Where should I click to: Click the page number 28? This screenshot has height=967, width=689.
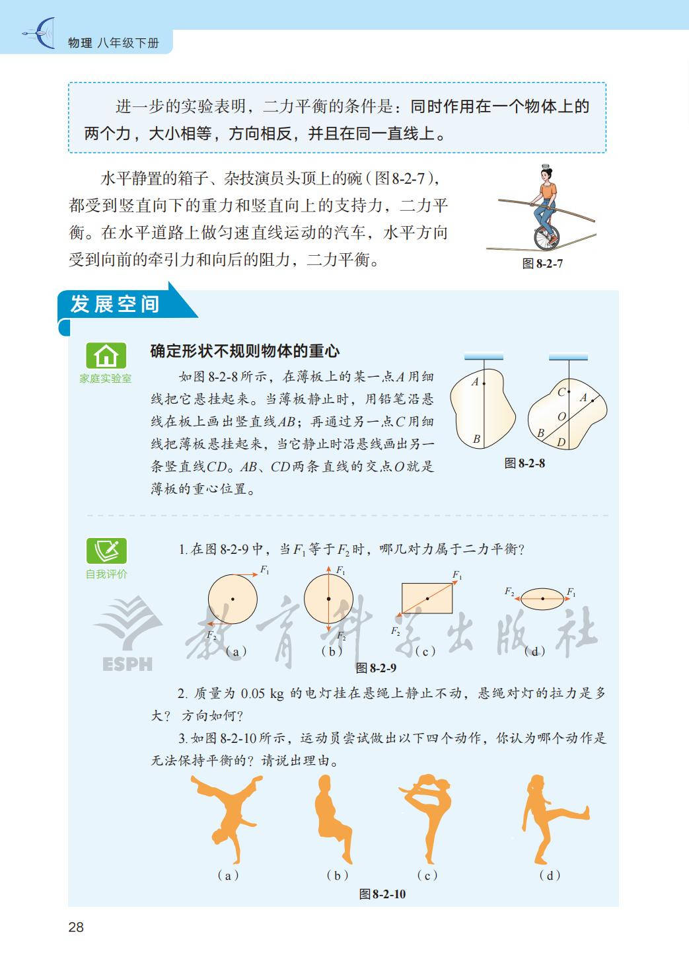(76, 927)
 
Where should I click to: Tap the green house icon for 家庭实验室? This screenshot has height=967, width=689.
(106, 356)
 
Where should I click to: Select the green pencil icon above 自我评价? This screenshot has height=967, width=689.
(106, 551)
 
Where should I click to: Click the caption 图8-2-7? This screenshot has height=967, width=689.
(542, 263)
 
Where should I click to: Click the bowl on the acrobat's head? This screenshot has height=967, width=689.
(546, 166)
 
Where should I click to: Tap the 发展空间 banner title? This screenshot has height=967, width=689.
(115, 304)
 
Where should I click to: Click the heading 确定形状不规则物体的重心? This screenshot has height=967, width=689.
(245, 352)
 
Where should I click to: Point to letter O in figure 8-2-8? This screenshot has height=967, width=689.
(562, 416)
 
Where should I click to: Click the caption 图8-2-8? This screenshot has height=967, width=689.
(525, 463)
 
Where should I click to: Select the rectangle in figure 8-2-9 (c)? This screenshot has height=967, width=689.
(427, 598)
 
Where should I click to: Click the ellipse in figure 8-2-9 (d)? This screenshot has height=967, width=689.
(542, 598)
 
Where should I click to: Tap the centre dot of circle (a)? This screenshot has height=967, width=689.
(233, 599)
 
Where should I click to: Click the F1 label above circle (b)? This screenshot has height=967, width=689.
(341, 570)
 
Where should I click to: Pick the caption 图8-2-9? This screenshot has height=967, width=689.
(376, 668)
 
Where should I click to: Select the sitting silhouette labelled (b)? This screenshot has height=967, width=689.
(332, 818)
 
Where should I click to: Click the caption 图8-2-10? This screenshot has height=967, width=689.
(382, 894)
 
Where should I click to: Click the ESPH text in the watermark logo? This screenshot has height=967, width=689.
(127, 664)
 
